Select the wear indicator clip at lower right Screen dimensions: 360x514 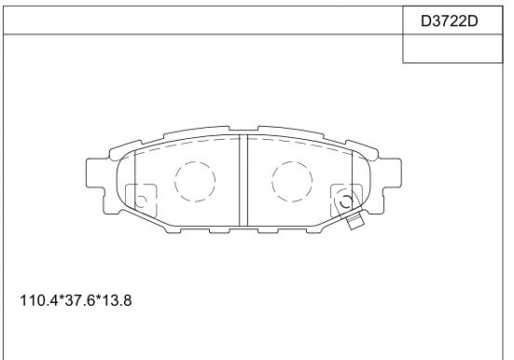click(x=354, y=221)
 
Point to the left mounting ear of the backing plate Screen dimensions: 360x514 click(x=96, y=174)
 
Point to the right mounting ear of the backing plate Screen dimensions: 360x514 click(x=389, y=174)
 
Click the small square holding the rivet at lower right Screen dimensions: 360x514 click(x=343, y=197)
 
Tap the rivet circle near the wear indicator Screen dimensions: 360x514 click(x=344, y=201)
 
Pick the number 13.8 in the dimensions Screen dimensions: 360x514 click(x=116, y=303)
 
